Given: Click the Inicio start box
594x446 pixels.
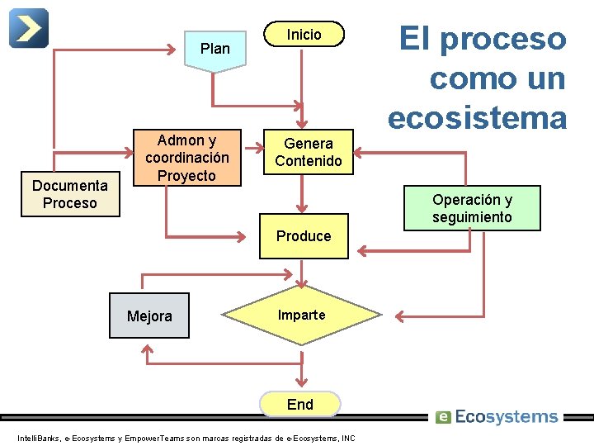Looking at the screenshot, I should pyautogui.click(x=304, y=34).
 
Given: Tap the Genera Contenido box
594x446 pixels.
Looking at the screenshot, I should pyautogui.click(x=304, y=152).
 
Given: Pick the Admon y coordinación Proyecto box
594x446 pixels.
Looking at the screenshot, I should pyautogui.click(x=186, y=157).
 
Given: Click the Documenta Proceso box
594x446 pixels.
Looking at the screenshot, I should pyautogui.click(x=70, y=195).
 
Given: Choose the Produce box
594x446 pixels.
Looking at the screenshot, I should pyautogui.click(x=304, y=236).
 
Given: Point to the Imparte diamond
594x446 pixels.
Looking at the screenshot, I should pyautogui.click(x=302, y=315).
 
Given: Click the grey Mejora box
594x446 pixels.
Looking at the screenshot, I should pyautogui.click(x=149, y=316).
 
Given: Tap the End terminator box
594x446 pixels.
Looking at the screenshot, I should pyautogui.click(x=300, y=404).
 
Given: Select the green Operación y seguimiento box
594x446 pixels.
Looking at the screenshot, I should pyautogui.click(x=472, y=208).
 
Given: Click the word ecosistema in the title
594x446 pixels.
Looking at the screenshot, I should pyautogui.click(x=478, y=116).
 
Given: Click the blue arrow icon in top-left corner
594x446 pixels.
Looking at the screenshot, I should pyautogui.click(x=29, y=28).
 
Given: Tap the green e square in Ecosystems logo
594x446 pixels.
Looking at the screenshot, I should pyautogui.click(x=443, y=417).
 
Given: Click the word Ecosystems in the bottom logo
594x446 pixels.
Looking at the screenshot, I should pyautogui.click(x=507, y=417).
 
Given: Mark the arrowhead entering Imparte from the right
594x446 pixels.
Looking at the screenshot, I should pyautogui.click(x=400, y=316).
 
